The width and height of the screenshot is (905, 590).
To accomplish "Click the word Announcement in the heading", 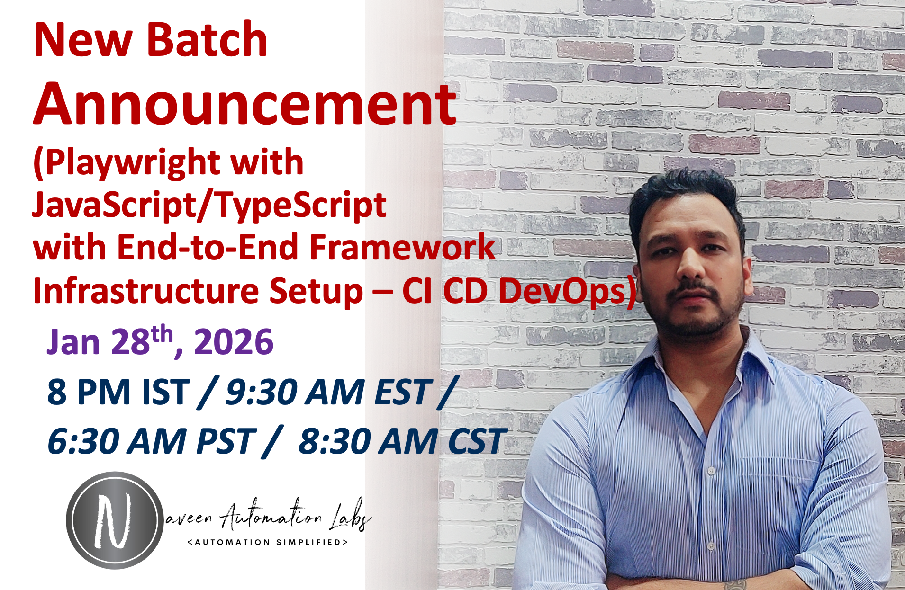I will tap(244, 104).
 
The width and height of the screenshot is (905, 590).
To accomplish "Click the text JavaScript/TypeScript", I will tap(209, 205).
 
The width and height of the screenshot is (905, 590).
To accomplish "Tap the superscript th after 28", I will tap(162, 334).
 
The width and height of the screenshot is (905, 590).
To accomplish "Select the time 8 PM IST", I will tap(118, 392).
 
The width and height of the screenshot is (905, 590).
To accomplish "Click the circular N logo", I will tap(114, 520).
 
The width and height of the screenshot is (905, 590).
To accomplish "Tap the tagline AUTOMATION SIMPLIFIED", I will tap(268, 542).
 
